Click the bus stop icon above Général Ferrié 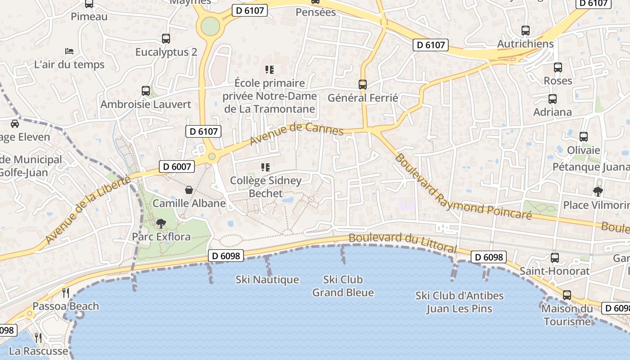click(x=362, y=84)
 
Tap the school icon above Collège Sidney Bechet click(x=265, y=167)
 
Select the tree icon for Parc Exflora click(x=161, y=223)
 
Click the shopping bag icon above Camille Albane click(x=189, y=190)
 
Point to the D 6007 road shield click(x=177, y=166)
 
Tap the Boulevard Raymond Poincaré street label click(x=463, y=187)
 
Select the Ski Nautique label click(x=267, y=280)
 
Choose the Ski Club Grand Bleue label click(x=343, y=286)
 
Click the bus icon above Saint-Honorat click(x=555, y=258)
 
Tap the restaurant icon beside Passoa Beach click(x=66, y=293)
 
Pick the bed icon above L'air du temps click(x=69, y=51)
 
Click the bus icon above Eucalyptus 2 click(x=166, y=39)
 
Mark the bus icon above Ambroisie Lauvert click(x=146, y=91)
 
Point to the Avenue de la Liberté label click(x=88, y=211)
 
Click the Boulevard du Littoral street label click(x=402, y=243)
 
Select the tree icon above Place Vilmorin click(x=598, y=192)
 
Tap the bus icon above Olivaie click(x=584, y=137)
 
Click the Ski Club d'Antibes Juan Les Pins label click(x=459, y=302)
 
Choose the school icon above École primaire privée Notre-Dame click(x=270, y=70)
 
